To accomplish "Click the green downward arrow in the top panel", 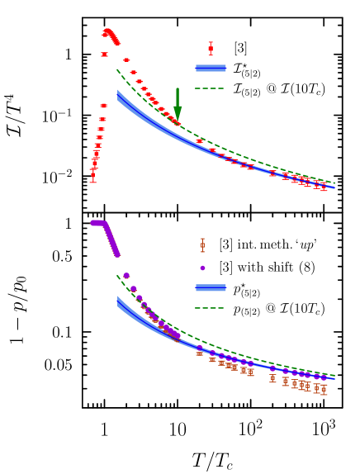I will [178, 107].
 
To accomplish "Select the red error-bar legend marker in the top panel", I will [210, 49].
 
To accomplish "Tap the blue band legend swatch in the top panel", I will [210, 69].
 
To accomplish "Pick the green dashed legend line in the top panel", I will [210, 88].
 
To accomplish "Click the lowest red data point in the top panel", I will [92, 176].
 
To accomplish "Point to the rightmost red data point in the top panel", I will [324, 187].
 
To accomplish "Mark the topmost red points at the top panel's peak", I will [107, 31].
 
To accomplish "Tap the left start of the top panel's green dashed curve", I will [117, 70].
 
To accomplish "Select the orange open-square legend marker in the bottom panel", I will [202, 245].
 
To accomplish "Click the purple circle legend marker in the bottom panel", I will [202, 268].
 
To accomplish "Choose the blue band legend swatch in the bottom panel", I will [210, 288].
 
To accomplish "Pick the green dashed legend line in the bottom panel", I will [210, 308].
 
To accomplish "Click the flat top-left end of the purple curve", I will [95, 223].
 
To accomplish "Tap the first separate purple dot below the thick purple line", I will [126, 276].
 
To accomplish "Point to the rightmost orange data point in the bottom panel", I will [324, 389].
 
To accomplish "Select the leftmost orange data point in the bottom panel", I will [199, 353].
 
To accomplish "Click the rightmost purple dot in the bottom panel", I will [324, 377].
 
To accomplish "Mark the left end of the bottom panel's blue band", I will [118, 301].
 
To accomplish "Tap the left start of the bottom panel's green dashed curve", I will [117, 277].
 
